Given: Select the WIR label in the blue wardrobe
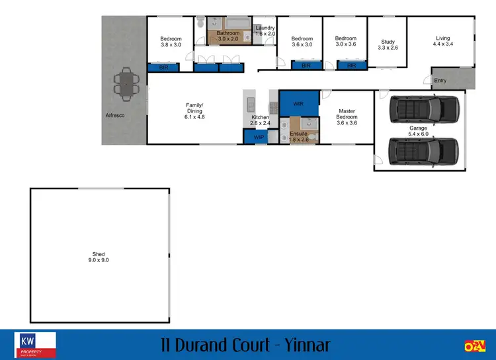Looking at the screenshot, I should click(x=298, y=103).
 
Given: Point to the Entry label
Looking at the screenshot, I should click(x=440, y=81).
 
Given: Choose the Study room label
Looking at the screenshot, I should click(x=388, y=40).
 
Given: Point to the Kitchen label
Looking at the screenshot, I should click(x=260, y=116).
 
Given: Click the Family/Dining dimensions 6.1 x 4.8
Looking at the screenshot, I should click(x=194, y=116).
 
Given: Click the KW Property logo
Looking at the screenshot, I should click(x=36, y=345).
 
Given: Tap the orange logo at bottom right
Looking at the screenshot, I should click(x=473, y=345).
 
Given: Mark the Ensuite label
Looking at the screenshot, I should click(x=298, y=132).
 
